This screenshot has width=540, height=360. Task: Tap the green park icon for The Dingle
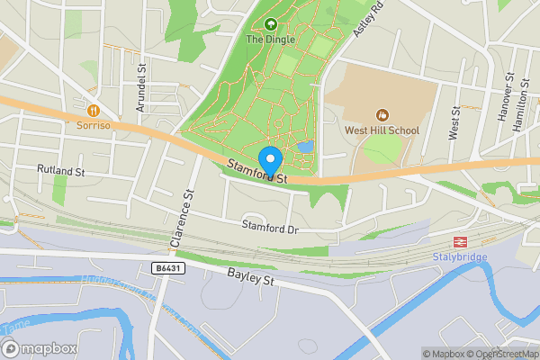(271, 23)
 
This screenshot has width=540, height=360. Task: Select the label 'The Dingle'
(270, 40)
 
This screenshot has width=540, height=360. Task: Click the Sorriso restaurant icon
(93, 109)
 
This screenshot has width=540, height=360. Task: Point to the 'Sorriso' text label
(93, 125)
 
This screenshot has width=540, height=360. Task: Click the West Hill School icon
(382, 114)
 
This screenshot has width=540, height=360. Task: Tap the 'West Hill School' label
(382, 130)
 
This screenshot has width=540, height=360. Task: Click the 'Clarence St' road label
(183, 219)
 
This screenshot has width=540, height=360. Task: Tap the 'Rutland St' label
(60, 169)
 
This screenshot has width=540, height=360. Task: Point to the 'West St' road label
(454, 122)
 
